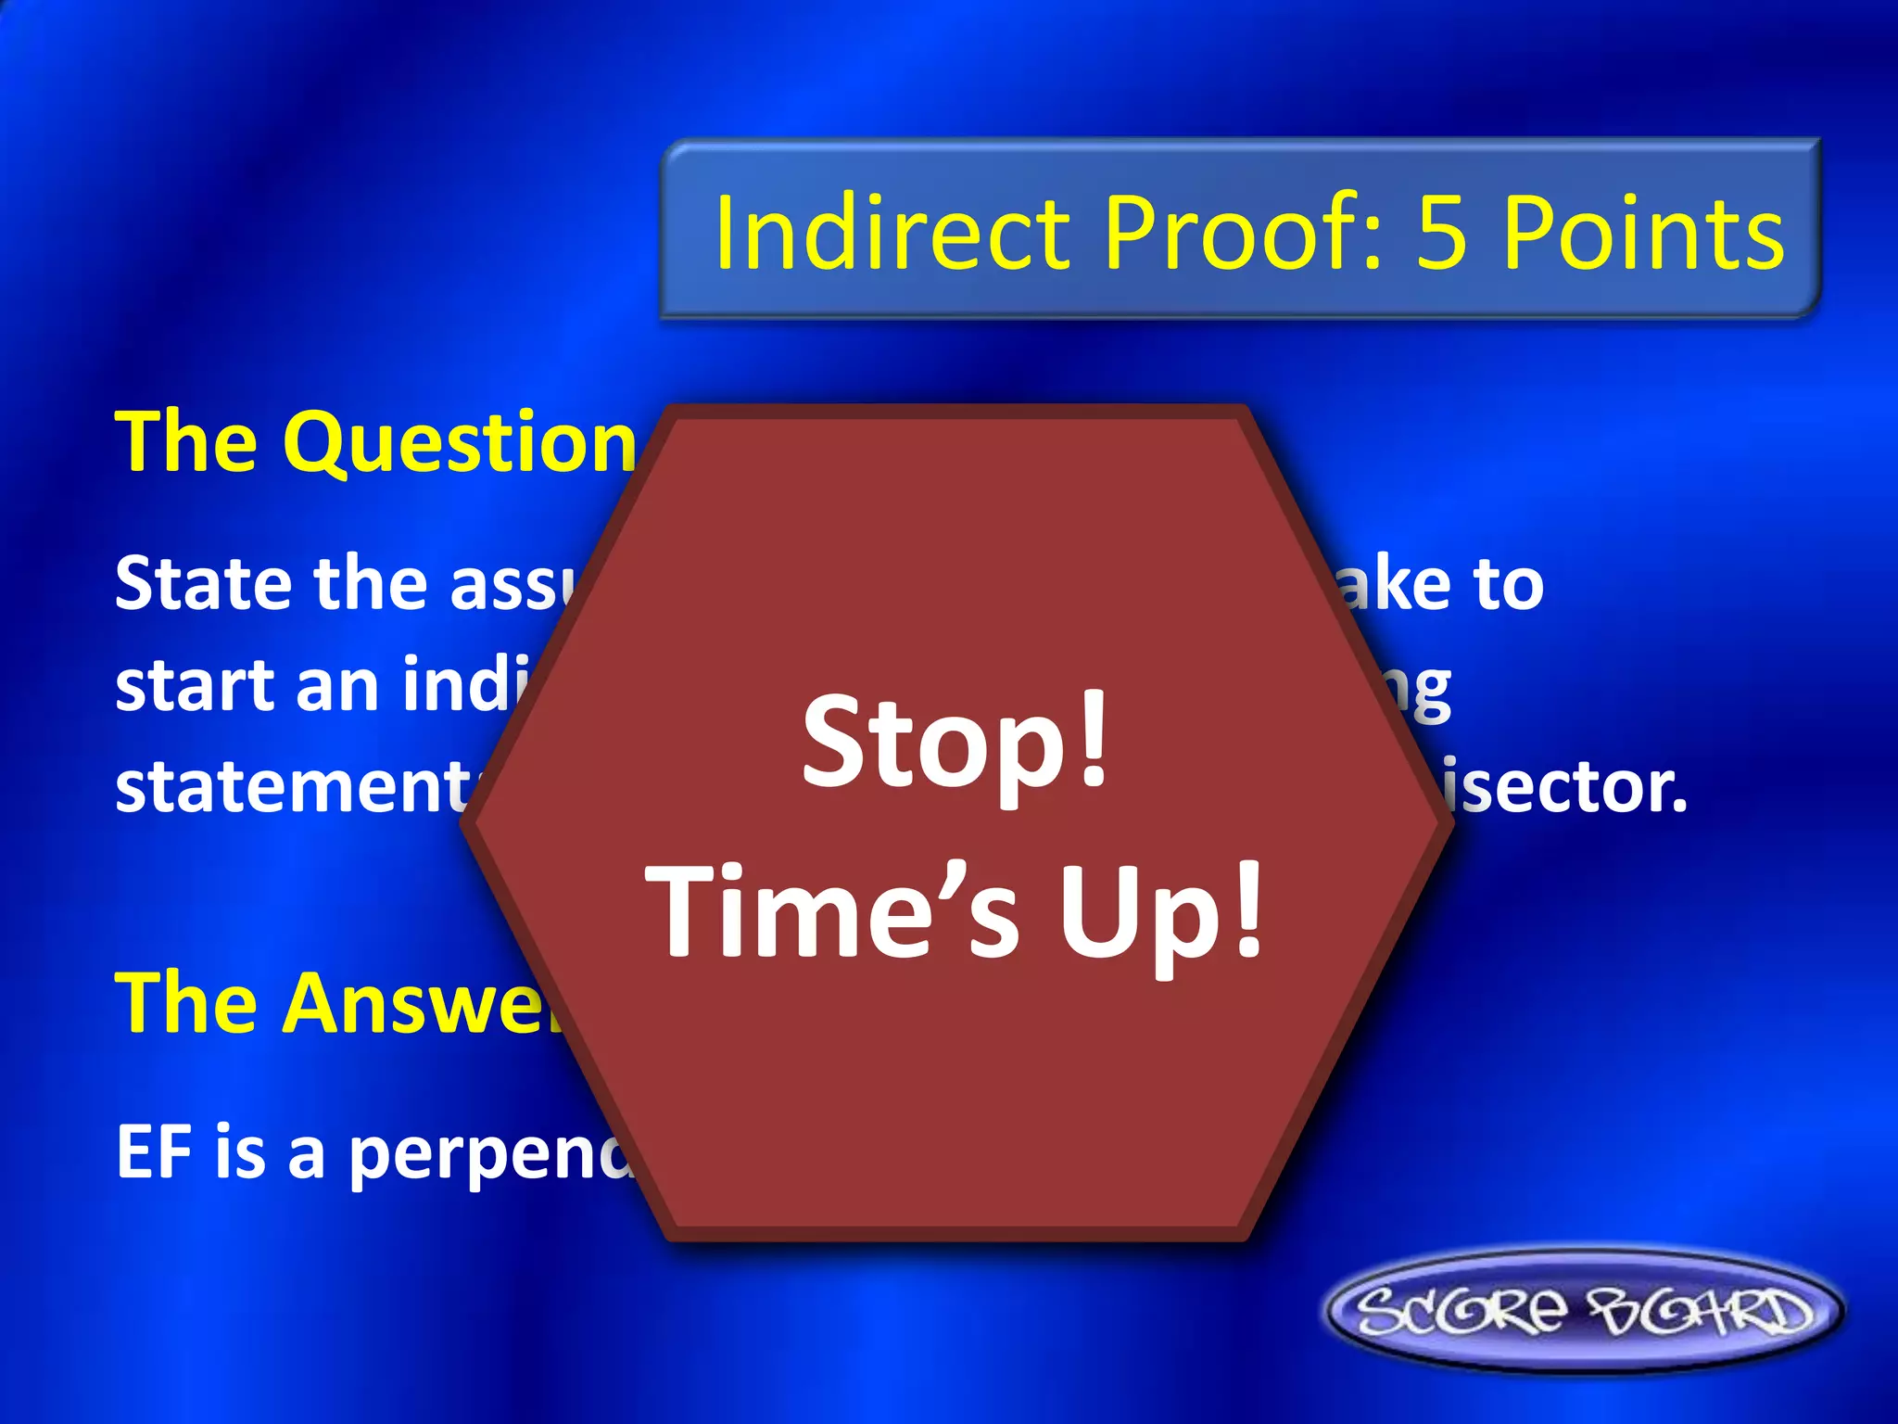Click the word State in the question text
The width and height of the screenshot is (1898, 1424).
click(x=204, y=584)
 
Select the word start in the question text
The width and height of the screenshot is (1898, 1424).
click(x=196, y=686)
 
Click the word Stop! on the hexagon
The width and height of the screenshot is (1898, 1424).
click(x=955, y=742)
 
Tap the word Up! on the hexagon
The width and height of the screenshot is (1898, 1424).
click(x=1161, y=913)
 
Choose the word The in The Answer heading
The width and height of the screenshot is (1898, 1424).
click(x=185, y=1003)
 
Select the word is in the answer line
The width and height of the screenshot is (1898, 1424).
click(x=240, y=1152)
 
